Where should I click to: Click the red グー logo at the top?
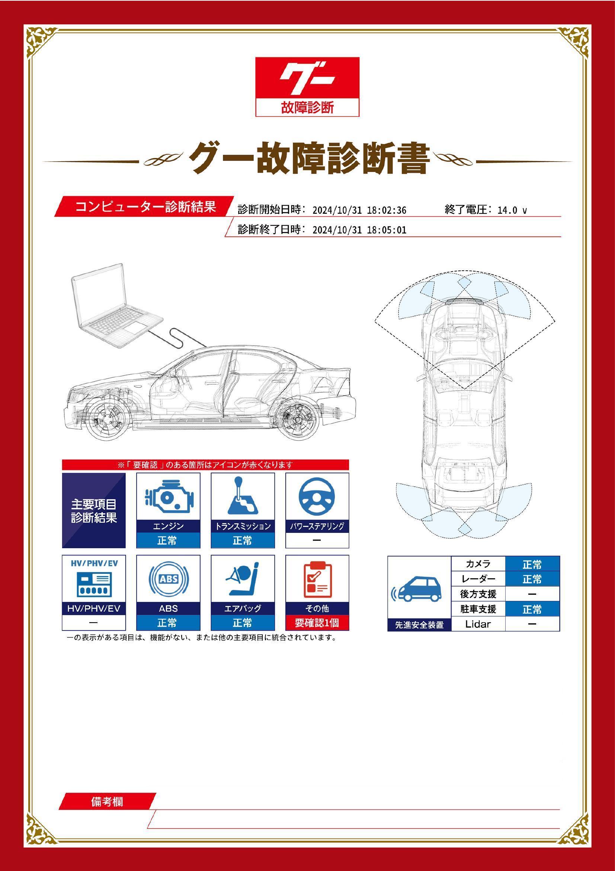coord(307,78)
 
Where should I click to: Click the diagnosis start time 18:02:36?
coord(386,210)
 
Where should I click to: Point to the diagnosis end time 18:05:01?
coord(386,230)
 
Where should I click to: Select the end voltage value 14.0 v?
coord(512,210)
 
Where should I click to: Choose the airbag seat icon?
coord(243,580)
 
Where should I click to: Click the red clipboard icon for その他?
coord(317,580)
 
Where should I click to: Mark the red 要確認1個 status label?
coord(317,623)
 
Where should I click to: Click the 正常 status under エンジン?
coord(168,540)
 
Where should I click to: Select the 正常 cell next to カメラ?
coord(532,565)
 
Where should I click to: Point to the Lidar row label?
coord(478,624)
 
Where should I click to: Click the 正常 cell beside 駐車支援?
coord(532,609)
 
